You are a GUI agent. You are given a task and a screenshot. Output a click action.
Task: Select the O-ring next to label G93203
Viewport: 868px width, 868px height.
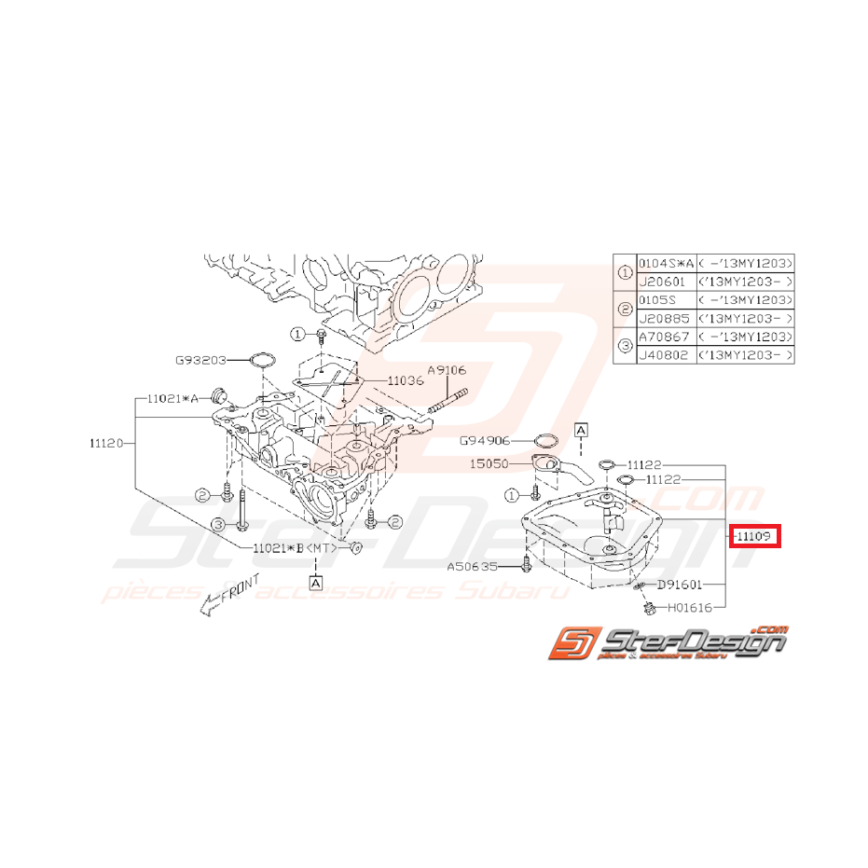262,360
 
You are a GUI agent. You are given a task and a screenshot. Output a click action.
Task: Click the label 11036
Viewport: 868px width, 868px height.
406,381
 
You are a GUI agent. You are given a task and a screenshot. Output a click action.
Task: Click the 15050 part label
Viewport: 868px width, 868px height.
489,462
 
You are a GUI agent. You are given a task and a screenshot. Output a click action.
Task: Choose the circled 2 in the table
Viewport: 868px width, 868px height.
625,309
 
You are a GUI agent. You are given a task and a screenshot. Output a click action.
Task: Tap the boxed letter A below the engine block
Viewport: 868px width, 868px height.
315,583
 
